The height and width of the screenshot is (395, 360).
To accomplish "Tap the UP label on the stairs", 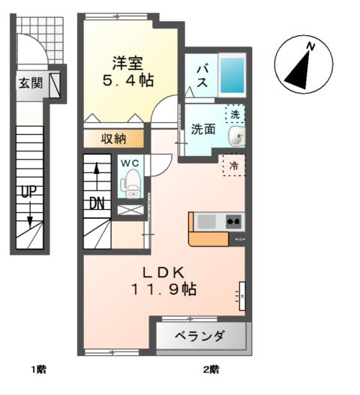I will (x=28, y=191).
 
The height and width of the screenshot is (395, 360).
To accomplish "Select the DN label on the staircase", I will (x=97, y=203).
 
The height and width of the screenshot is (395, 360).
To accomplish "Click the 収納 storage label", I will (x=113, y=138).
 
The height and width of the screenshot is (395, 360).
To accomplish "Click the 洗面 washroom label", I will (x=202, y=129).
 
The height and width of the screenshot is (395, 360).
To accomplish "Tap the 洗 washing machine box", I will (x=235, y=115).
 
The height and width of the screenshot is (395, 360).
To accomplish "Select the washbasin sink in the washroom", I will (x=237, y=136).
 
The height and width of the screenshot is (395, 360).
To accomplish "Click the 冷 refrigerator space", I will (x=233, y=165).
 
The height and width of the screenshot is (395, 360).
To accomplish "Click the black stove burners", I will (x=233, y=220).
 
